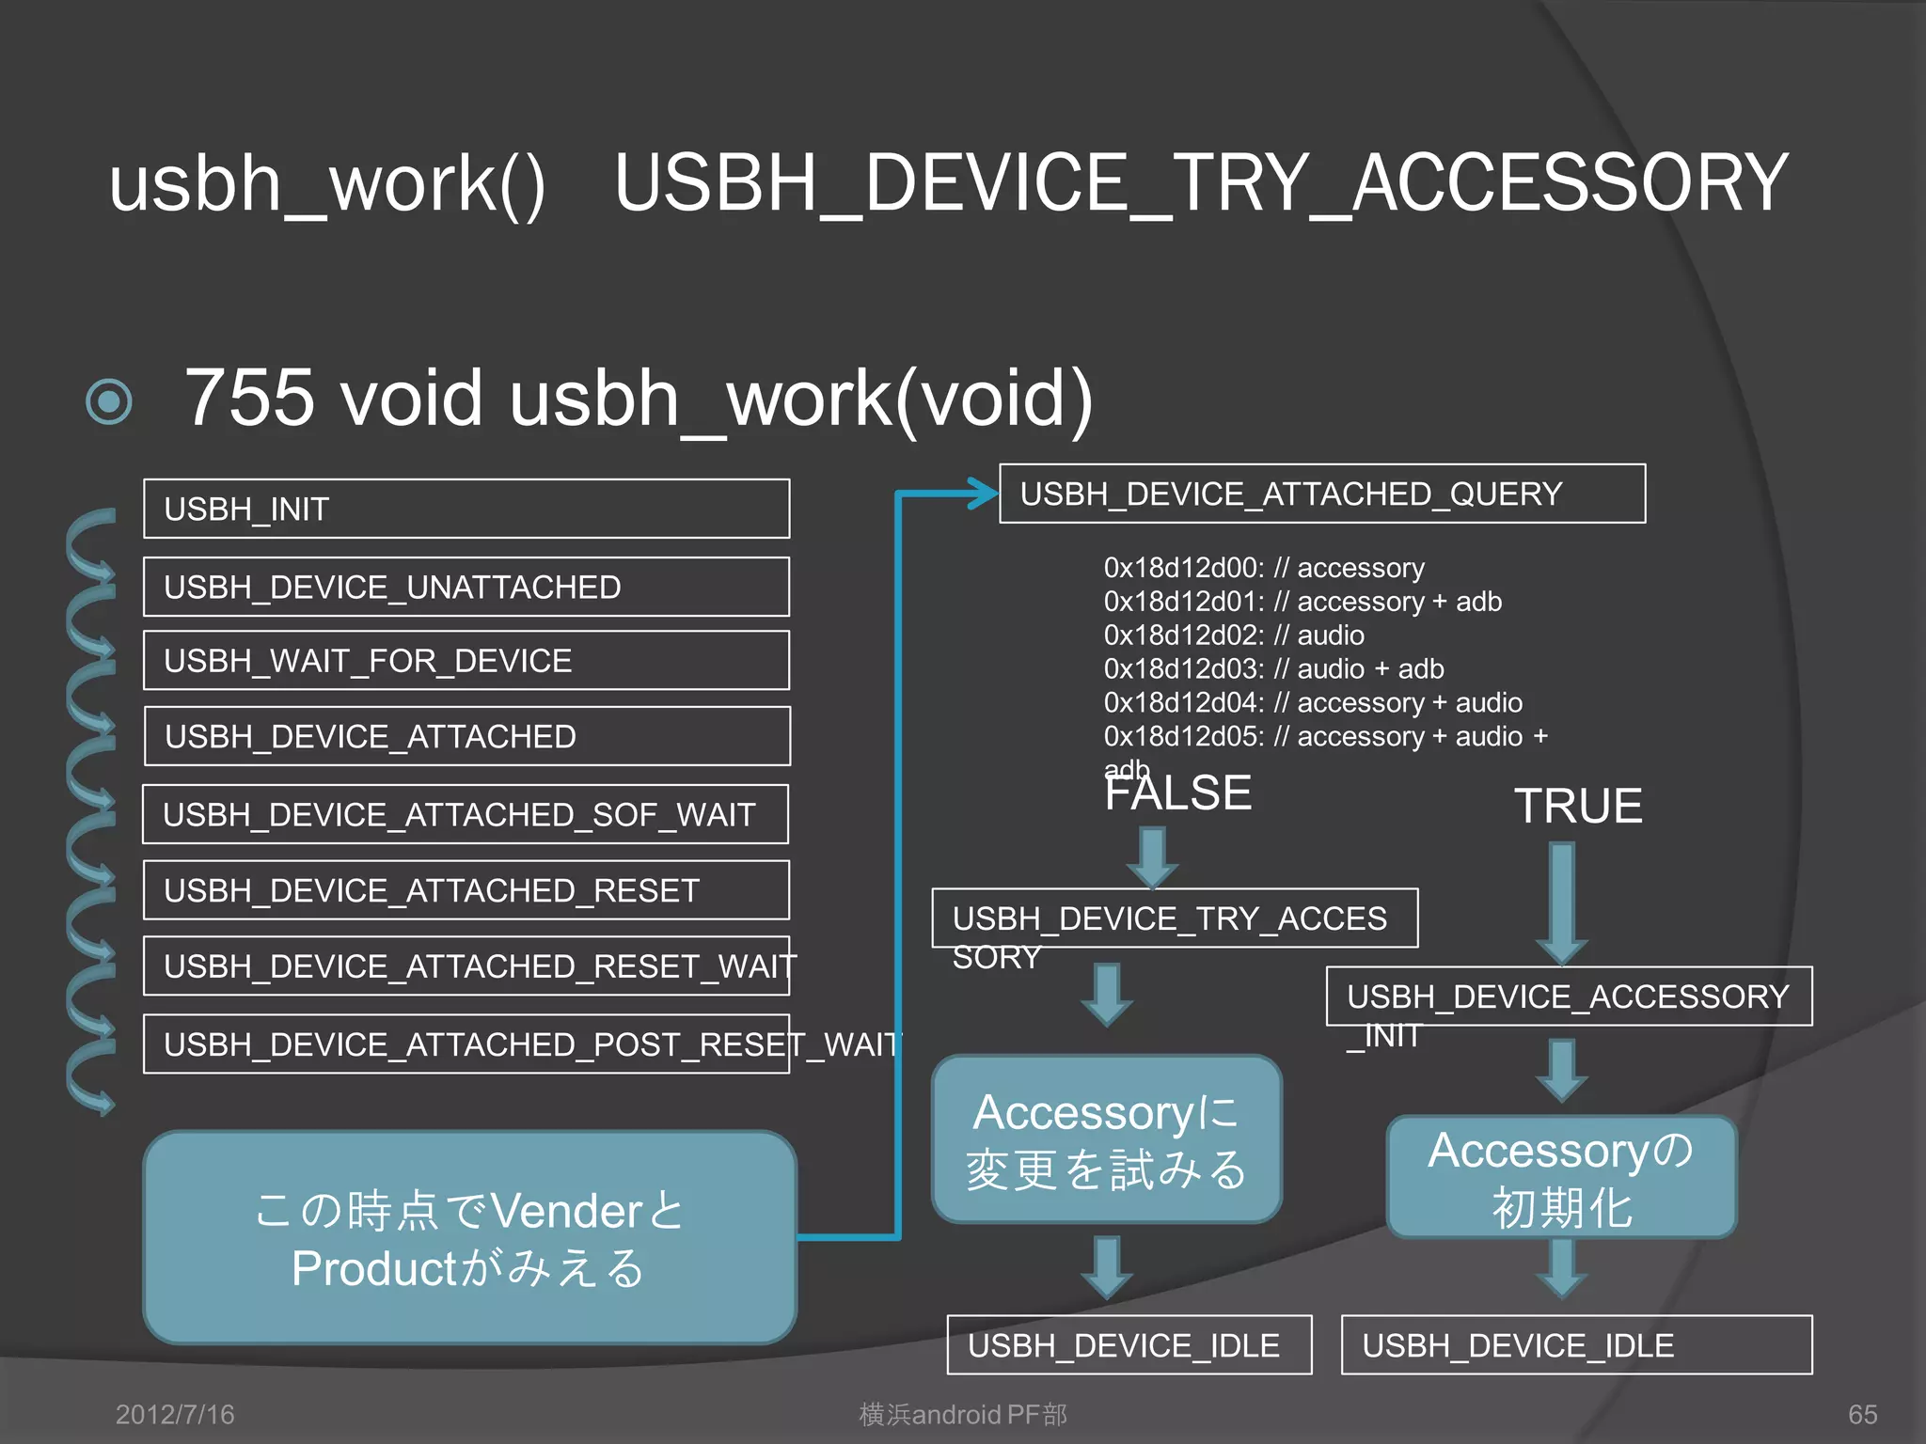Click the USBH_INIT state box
coord(466,509)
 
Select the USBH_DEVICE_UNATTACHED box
coord(466,587)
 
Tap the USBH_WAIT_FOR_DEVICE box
coord(466,660)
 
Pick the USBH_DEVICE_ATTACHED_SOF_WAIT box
coord(466,814)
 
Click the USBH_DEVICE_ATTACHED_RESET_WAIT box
coord(466,965)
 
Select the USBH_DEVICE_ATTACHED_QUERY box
coord(1321,494)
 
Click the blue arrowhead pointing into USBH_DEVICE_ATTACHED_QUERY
coord(983,493)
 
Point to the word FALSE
coord(1177,793)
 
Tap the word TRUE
coord(1578,807)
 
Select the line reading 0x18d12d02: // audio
coord(1234,636)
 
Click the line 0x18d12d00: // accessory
coord(1264,568)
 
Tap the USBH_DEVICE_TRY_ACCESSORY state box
coord(1175,918)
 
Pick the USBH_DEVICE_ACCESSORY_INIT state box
coord(1568,997)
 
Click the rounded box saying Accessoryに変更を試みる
coord(1107,1139)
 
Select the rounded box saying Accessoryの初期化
coord(1561,1177)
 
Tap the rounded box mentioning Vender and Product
coord(469,1237)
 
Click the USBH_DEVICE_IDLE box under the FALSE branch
coord(1129,1345)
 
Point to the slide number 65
coord(1862,1414)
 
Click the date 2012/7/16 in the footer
coord(175,1414)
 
